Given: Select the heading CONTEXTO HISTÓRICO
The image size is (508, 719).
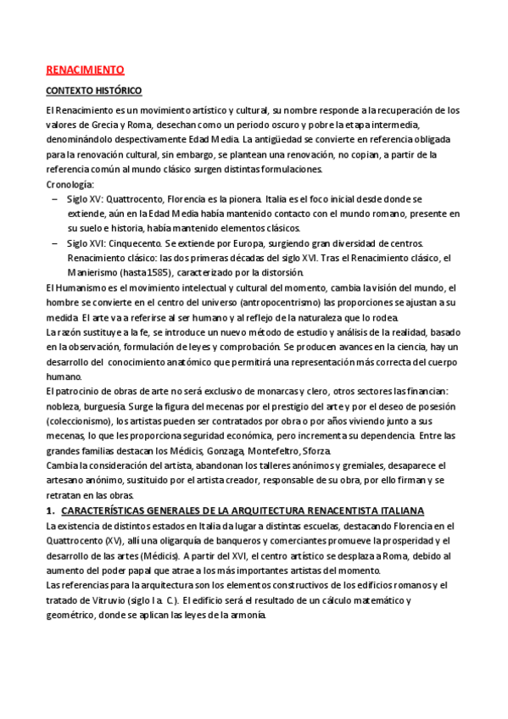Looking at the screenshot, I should click(x=93, y=91).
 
